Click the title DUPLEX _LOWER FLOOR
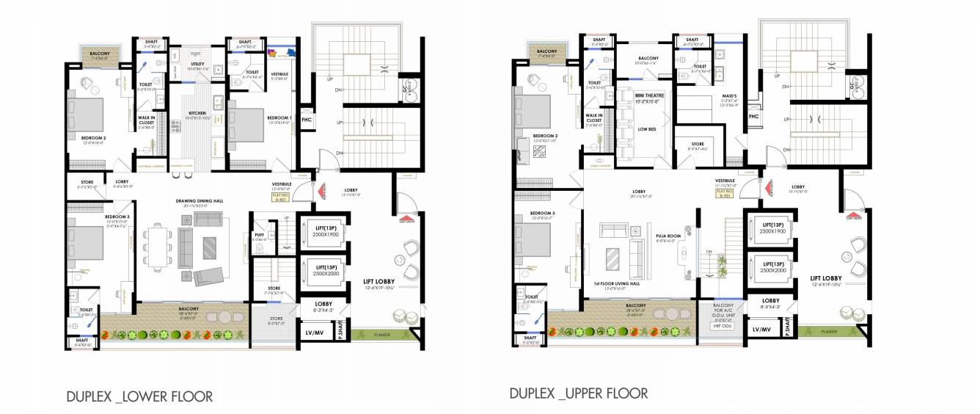(x=139, y=397)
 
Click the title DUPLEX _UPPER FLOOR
(x=579, y=393)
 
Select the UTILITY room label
(x=196, y=65)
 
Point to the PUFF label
(x=259, y=235)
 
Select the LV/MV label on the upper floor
(x=761, y=330)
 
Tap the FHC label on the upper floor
(x=753, y=117)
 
